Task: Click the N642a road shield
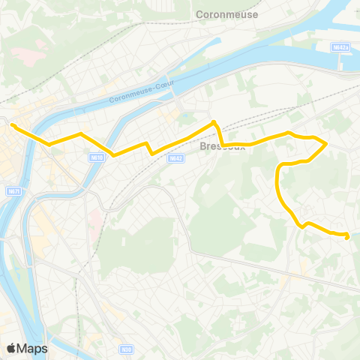(x=342, y=46)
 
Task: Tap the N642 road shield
(x=175, y=158)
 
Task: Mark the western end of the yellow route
(x=13, y=124)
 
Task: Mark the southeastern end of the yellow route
(x=347, y=236)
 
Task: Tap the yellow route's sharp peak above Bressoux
(x=214, y=121)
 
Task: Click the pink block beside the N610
(x=96, y=218)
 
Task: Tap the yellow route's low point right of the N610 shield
(x=114, y=155)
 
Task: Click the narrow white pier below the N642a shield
(x=343, y=64)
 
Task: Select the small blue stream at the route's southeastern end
(x=352, y=235)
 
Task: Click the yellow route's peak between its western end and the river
(x=80, y=133)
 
